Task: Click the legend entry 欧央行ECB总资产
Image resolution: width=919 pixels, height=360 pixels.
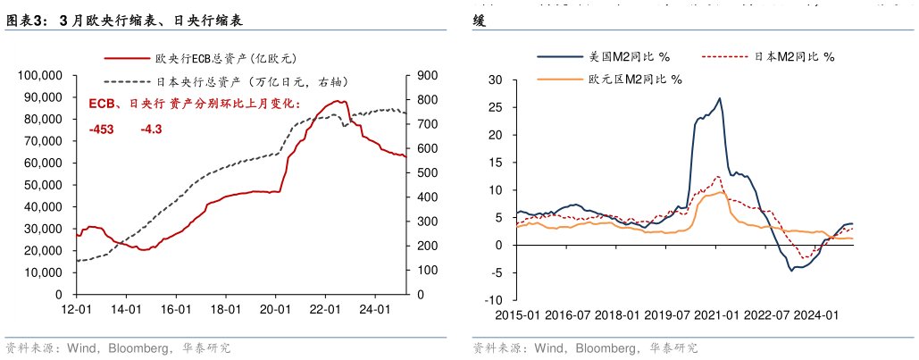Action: [224, 59]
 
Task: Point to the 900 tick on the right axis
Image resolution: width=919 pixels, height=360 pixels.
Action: [427, 75]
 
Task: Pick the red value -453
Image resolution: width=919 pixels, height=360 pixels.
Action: [102, 130]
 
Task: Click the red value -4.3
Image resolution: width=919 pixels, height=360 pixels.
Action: [151, 130]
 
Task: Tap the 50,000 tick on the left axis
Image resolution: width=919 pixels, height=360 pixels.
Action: [43, 184]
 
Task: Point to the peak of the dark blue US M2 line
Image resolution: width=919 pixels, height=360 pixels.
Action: [720, 98]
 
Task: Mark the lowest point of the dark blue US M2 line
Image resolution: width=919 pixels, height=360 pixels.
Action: [790, 270]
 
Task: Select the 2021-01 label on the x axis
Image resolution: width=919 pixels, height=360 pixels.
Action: [715, 314]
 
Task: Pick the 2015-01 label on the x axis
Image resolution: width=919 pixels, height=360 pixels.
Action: [517, 314]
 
